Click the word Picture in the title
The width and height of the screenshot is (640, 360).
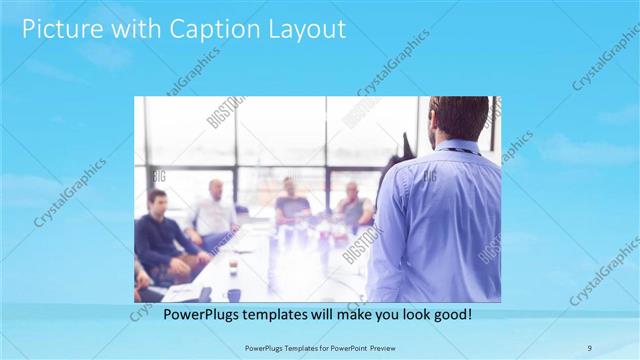(x=61, y=30)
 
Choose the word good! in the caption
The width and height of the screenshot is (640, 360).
(x=450, y=314)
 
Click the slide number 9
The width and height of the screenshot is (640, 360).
(x=590, y=346)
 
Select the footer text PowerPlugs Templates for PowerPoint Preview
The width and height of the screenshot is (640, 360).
(x=319, y=346)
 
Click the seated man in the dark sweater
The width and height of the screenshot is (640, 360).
(x=160, y=240)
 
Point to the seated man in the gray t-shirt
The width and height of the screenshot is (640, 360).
(x=291, y=205)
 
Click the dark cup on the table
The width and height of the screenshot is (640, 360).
(x=233, y=294)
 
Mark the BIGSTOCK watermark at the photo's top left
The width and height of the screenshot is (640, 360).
(x=224, y=112)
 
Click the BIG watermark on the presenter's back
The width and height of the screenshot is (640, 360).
(x=430, y=176)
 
